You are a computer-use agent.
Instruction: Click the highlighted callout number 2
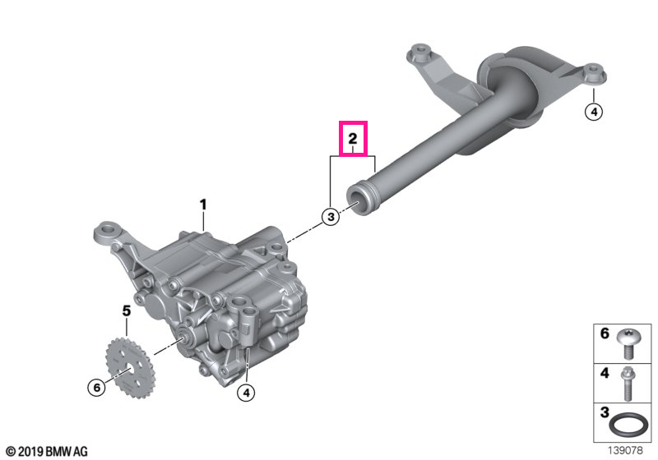tap(353, 138)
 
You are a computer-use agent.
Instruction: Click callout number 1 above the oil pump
tap(203, 205)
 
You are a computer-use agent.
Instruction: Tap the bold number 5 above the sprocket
tap(127, 310)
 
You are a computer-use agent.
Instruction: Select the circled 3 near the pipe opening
tap(331, 217)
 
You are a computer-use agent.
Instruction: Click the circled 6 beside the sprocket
tap(96, 388)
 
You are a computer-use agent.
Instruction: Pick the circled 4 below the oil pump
tap(246, 393)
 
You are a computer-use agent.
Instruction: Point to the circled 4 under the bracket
tap(594, 112)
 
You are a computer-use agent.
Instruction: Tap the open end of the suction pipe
tap(359, 201)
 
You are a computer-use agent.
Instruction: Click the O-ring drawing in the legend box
tap(628, 424)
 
